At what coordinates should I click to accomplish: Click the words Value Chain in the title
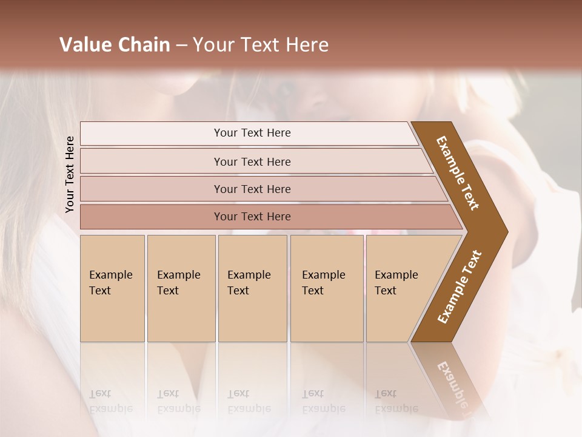click(x=115, y=45)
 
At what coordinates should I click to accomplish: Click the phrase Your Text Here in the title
click(x=261, y=45)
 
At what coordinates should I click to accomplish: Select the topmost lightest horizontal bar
click(x=252, y=133)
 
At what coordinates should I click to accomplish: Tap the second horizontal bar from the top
click(x=252, y=161)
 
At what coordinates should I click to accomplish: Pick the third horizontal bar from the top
click(x=252, y=189)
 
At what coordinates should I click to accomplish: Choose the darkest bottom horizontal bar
click(x=252, y=217)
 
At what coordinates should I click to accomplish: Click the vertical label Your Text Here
click(x=70, y=174)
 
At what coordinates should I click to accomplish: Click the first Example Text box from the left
click(x=112, y=288)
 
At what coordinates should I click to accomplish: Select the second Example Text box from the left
click(x=181, y=288)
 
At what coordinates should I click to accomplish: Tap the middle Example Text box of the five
click(x=252, y=288)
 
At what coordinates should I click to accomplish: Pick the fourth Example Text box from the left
click(x=326, y=288)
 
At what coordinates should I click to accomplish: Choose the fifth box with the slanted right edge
click(x=400, y=288)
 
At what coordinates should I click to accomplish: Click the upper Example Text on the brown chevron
click(x=458, y=173)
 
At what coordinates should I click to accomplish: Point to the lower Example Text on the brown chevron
click(x=460, y=287)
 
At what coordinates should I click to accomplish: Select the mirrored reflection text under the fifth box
click(x=396, y=401)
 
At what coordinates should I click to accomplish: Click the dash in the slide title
click(x=181, y=45)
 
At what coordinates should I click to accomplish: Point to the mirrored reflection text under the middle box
click(x=249, y=401)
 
